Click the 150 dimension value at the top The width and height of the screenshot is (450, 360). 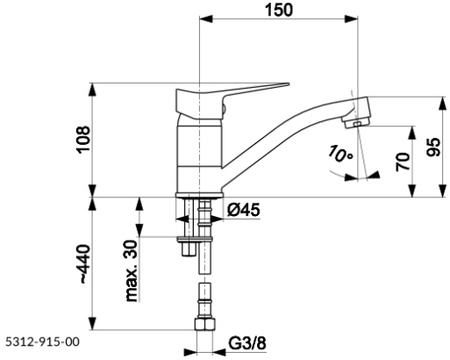coord(279,10)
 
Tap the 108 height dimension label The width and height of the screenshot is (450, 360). coord(83,139)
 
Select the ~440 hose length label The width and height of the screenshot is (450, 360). coord(83,264)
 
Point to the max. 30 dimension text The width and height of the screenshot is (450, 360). coord(131,271)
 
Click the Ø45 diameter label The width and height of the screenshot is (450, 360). coord(243,210)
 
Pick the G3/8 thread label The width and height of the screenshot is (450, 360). coord(247,343)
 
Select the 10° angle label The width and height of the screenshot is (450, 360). coord(340,154)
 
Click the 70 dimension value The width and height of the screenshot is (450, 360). coord(403,161)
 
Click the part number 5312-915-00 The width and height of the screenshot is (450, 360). coord(42,342)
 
